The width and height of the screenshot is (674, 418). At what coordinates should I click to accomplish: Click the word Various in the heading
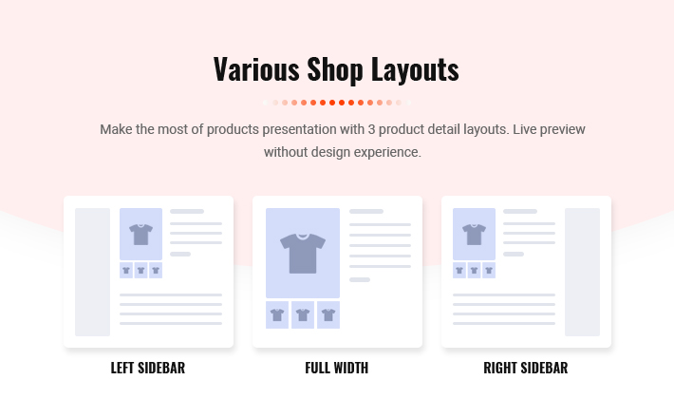(256, 68)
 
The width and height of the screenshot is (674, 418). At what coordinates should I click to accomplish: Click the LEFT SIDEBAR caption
(148, 368)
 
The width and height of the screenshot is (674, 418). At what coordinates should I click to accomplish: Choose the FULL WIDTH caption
(337, 368)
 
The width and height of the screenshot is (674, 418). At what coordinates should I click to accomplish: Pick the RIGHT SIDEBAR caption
(526, 368)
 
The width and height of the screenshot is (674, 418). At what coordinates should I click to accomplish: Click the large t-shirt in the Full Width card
(303, 254)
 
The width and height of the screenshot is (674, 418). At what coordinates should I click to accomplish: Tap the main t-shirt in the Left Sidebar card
(141, 235)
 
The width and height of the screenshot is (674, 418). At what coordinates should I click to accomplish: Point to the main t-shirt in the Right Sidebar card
(474, 235)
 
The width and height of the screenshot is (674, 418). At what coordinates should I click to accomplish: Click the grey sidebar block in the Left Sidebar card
(92, 273)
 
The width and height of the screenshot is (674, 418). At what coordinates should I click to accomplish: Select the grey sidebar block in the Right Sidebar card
(583, 273)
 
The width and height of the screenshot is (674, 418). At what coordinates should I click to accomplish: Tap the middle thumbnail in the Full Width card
(303, 314)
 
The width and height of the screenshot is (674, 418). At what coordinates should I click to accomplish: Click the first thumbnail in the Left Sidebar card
(126, 271)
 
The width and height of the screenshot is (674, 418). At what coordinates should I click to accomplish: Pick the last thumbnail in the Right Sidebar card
(489, 271)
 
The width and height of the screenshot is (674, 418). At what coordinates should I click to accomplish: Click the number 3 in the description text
(371, 129)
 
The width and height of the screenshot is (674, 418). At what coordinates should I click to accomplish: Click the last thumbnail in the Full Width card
(328, 314)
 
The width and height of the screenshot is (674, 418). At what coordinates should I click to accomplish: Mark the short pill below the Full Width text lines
(360, 280)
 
